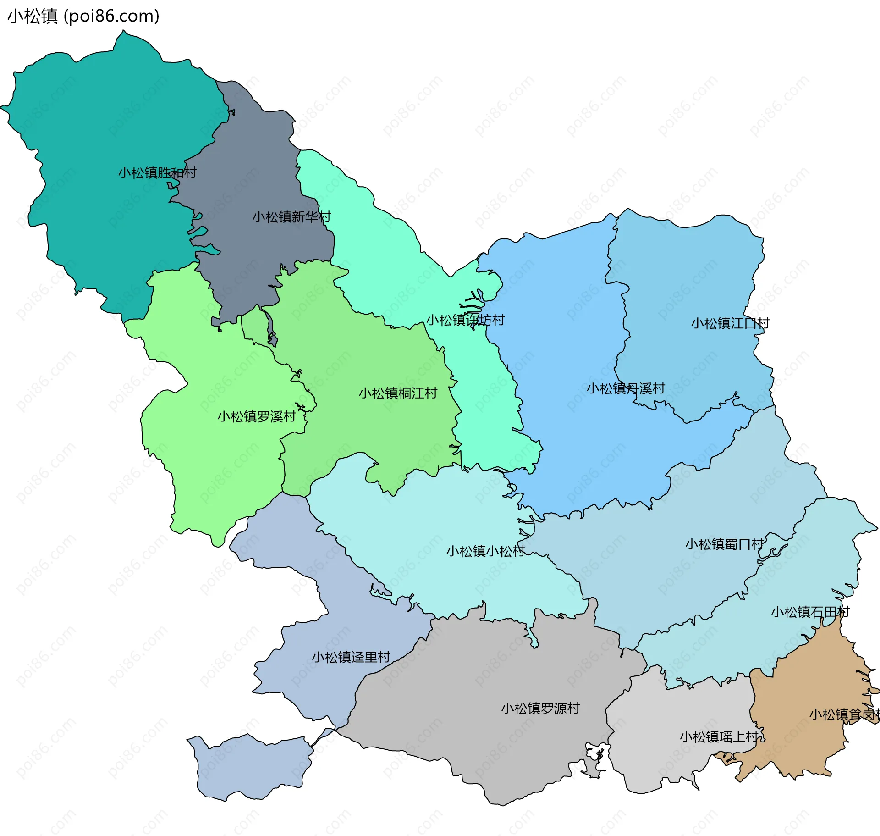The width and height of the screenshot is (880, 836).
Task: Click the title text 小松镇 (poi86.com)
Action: (83, 16)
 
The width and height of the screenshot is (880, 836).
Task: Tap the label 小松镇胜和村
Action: (157, 173)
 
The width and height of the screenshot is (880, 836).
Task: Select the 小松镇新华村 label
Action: (291, 217)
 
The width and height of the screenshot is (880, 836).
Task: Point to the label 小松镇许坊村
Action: (465, 320)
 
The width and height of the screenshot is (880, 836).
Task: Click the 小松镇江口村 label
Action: (730, 323)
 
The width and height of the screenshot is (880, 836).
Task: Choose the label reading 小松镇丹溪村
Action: (626, 388)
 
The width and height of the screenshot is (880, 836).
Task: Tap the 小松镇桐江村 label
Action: (398, 393)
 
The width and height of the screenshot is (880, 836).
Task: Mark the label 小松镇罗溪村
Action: (257, 416)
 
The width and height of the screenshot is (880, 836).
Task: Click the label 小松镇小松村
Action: (485, 551)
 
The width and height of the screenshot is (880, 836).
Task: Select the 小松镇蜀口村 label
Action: (724, 544)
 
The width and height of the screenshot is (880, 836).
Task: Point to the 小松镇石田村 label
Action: (810, 612)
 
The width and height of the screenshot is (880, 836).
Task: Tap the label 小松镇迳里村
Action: (351, 657)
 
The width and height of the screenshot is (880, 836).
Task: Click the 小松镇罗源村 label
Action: (540, 709)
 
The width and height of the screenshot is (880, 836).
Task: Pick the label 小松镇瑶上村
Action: (719, 737)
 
